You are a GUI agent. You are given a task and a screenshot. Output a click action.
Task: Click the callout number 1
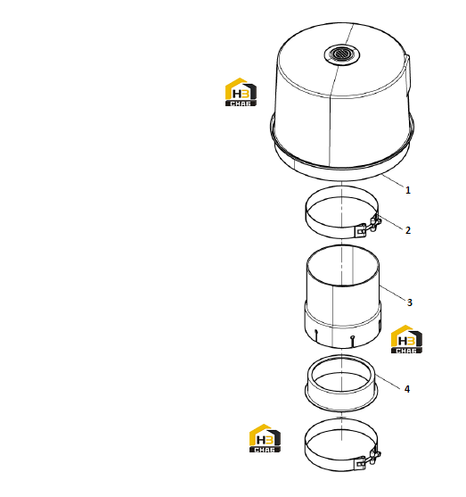tap(408, 190)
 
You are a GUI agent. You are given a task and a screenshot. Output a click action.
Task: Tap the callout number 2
tap(408, 230)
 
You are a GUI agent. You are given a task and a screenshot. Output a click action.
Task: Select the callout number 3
tap(409, 302)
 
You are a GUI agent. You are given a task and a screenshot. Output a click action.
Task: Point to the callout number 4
tap(407, 389)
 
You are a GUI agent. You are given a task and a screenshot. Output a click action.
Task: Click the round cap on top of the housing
tap(341, 54)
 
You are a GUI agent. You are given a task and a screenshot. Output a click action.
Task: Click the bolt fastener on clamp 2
tap(370, 226)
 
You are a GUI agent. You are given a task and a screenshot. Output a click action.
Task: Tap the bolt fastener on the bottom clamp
tap(369, 460)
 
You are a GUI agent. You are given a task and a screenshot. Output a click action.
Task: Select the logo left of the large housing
tap(241, 92)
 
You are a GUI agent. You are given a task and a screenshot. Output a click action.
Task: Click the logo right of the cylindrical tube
tap(406, 339)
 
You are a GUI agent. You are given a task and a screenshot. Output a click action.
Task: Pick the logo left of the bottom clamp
tap(265, 438)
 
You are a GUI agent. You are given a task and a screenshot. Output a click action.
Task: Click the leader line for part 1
tap(393, 180)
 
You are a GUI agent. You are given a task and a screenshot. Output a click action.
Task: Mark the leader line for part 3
tap(393, 293)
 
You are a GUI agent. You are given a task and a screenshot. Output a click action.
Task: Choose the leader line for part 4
tap(388, 380)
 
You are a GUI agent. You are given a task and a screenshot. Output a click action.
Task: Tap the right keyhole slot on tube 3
tap(353, 342)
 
